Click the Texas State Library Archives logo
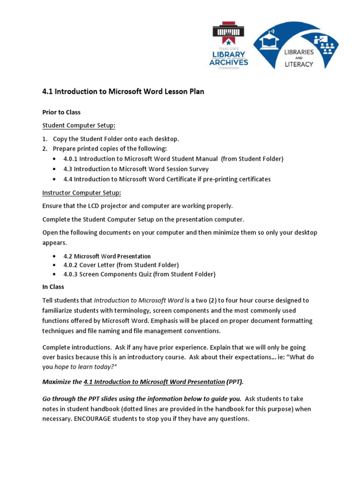point(229,45)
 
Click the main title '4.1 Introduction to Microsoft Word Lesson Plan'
point(123,92)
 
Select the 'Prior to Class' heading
point(61,112)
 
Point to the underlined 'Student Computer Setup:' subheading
point(79,126)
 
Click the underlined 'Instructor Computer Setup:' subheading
point(82,193)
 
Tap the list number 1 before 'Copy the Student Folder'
point(45,139)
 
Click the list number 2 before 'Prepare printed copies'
point(45,149)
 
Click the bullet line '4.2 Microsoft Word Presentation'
point(107,256)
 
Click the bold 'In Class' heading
point(53,287)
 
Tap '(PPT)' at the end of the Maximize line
point(234,382)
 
